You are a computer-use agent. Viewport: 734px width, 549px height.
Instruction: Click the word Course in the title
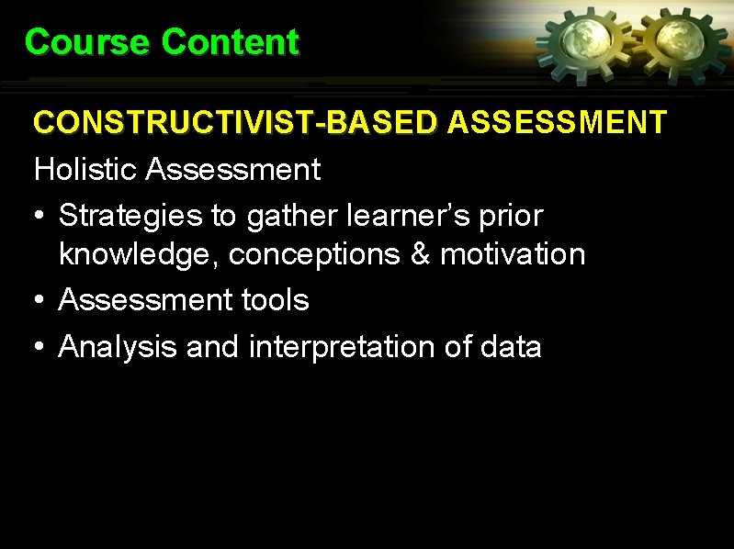click(x=86, y=42)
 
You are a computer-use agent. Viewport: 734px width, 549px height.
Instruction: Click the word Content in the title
click(x=230, y=42)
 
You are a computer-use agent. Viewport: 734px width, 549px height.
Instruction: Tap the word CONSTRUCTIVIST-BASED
click(x=235, y=122)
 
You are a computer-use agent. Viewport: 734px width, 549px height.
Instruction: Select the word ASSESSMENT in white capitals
click(x=557, y=122)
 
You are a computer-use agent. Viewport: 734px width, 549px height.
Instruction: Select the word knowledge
click(x=139, y=254)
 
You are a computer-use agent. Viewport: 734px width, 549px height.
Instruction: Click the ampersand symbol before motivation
click(x=421, y=253)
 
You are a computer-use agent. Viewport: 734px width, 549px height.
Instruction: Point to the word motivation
click(x=513, y=253)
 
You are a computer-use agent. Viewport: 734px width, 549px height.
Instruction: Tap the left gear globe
click(x=583, y=42)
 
